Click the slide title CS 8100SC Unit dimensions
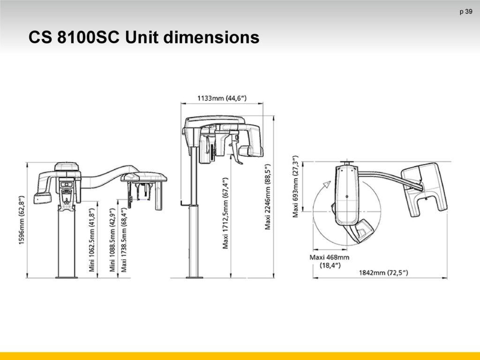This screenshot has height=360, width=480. pyautogui.click(x=144, y=37)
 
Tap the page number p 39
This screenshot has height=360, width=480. pyautogui.click(x=465, y=12)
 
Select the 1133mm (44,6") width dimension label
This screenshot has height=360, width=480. pyautogui.click(x=222, y=98)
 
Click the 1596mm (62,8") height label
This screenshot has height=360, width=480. pyautogui.click(x=22, y=220)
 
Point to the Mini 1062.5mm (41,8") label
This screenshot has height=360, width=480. pyautogui.click(x=92, y=240)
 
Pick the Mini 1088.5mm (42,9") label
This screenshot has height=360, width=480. pyautogui.click(x=112, y=240)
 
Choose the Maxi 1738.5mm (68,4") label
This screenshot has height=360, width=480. pyautogui.click(x=124, y=240)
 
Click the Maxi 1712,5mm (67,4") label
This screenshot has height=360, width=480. pyautogui.click(x=225, y=213)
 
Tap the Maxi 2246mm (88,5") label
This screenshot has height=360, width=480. pyautogui.click(x=268, y=196)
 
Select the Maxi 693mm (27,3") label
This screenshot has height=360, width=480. pyautogui.click(x=295, y=187)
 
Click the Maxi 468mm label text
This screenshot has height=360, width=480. pyautogui.click(x=330, y=257)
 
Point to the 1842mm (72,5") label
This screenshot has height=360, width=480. pyautogui.click(x=383, y=272)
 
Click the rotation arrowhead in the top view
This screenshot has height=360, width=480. pyautogui.click(x=327, y=184)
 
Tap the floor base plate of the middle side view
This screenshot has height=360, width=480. pyautogui.click(x=195, y=277)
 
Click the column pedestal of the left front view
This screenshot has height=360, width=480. pyautogui.click(x=67, y=242)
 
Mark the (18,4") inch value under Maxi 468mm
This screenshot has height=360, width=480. pyautogui.click(x=330, y=265)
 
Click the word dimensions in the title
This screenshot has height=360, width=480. pyautogui.click(x=211, y=37)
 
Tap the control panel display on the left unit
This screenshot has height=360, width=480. pyautogui.click(x=67, y=185)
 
